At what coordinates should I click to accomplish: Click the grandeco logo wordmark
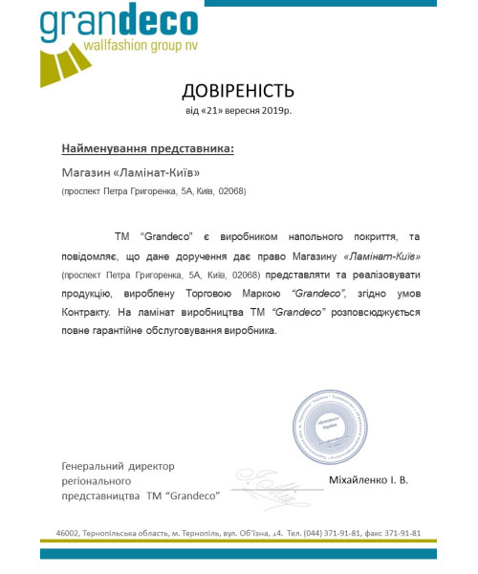(x=119, y=24)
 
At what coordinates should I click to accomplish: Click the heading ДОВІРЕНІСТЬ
(x=238, y=91)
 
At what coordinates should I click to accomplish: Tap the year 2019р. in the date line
(x=274, y=112)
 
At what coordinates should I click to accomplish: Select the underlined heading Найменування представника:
(x=147, y=149)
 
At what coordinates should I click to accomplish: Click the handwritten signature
(x=273, y=491)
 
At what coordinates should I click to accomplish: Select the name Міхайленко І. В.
(x=367, y=479)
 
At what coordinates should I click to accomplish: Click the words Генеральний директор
(x=118, y=466)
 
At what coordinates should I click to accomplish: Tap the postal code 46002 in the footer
(x=67, y=533)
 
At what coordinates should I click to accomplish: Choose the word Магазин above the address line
(x=85, y=173)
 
